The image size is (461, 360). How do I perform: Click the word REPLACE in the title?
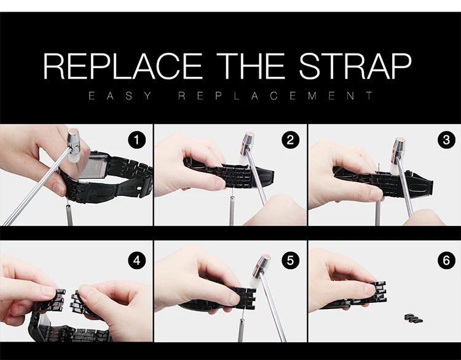123,66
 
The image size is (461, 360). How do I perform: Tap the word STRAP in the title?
355,66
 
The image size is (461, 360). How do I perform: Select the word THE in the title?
251,66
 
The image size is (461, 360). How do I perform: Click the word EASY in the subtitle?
120,96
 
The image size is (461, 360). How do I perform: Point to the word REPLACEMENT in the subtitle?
275,96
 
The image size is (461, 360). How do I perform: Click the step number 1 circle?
136,140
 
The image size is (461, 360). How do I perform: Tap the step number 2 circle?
291,140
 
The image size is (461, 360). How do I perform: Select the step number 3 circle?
446,140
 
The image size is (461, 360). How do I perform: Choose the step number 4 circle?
136,260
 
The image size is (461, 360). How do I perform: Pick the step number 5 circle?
291,260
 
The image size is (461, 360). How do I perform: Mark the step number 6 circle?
446,260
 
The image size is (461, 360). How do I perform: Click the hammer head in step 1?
74,146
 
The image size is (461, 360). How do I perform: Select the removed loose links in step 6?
414,318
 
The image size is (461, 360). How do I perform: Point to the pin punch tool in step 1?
69,213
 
